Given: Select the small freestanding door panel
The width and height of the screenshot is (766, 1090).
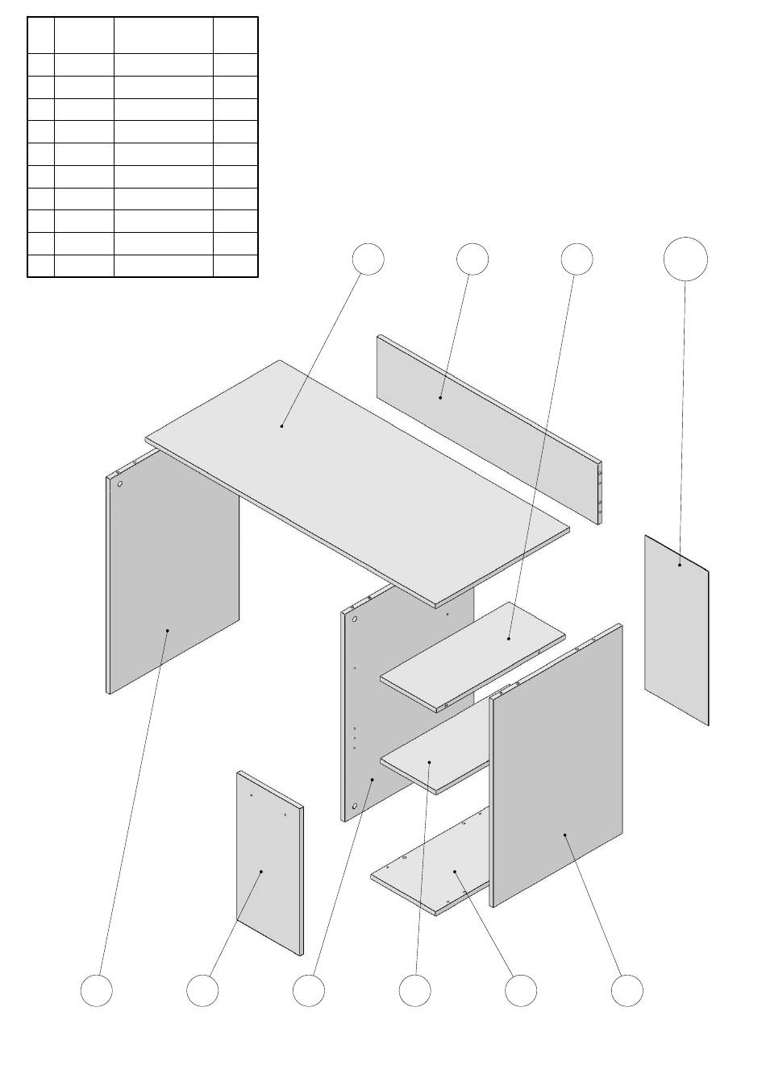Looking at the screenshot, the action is [269, 862].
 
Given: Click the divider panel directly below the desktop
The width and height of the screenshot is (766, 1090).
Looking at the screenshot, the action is [367, 709].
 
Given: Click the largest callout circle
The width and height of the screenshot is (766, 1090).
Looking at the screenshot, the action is [685, 259].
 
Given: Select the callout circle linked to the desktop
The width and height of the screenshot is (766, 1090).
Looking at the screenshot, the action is [368, 259].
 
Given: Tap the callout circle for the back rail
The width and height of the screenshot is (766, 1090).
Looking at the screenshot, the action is [472, 259].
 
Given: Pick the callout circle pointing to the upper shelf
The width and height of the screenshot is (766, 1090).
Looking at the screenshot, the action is [577, 259].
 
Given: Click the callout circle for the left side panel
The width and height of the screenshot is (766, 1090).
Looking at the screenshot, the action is [97, 990].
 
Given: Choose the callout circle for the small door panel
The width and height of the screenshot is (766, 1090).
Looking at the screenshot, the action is [202, 990].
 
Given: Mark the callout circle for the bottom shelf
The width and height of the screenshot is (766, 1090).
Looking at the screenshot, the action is [521, 990].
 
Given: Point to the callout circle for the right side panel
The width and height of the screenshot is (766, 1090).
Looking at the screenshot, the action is [627, 990].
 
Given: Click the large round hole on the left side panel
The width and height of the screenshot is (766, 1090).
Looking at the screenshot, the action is [119, 485].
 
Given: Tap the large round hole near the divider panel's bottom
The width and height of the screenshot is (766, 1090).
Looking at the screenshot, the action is [354, 805].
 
